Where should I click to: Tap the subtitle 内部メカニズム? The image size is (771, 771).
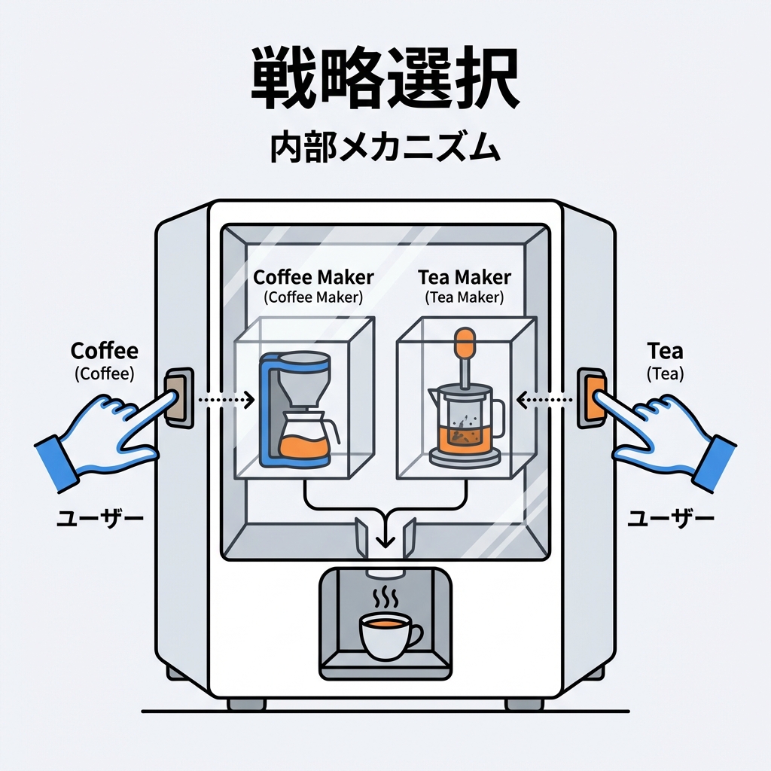[385, 148]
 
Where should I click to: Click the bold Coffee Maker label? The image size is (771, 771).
[313, 278]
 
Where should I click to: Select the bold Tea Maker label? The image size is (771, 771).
[465, 278]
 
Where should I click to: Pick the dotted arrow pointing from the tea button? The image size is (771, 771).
[547, 398]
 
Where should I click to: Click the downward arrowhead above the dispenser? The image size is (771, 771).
[385, 541]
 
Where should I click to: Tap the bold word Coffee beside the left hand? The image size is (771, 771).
[105, 351]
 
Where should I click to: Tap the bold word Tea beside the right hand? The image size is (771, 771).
[665, 351]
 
